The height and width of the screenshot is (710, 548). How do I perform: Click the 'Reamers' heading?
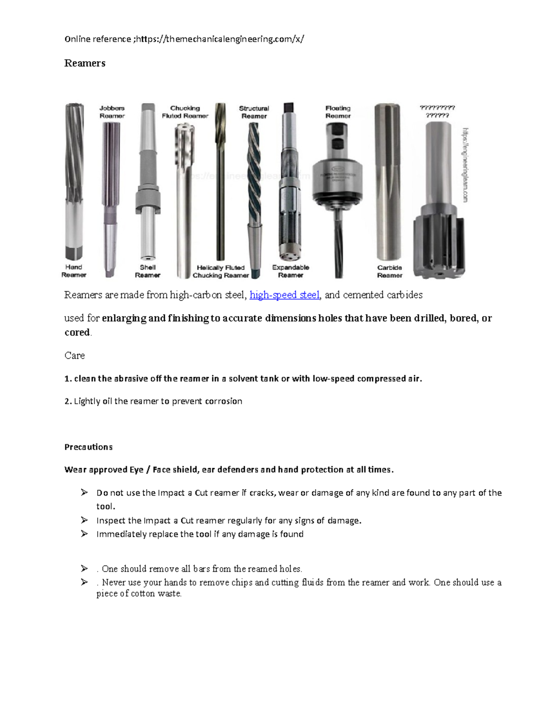84,63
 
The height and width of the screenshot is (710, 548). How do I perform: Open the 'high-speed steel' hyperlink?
285,295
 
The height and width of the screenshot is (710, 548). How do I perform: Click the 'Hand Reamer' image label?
74,271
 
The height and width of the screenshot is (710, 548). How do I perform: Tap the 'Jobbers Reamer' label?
112,112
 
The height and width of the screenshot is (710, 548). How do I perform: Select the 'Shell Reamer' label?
148,271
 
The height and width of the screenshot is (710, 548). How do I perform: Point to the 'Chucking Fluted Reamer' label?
185,112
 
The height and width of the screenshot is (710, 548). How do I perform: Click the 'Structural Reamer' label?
254,112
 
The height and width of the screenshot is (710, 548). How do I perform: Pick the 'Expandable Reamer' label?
290,271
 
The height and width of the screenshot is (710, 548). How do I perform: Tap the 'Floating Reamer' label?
338,112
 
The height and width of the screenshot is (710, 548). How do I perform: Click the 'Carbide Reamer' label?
390,271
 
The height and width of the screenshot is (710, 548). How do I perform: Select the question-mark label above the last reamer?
437,112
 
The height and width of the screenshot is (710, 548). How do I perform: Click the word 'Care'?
74,356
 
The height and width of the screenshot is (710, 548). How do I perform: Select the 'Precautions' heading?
89,447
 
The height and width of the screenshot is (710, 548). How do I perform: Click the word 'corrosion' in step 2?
223,401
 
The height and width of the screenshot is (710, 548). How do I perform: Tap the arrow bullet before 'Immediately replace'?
84,534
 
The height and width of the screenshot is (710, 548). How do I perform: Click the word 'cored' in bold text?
77,332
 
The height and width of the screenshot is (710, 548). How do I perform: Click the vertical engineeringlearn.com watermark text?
465,165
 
